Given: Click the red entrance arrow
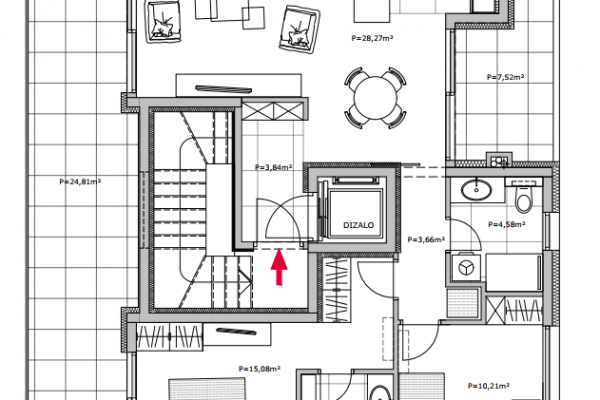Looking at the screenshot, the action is point(279,267).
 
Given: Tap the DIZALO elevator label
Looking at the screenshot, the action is point(358,225).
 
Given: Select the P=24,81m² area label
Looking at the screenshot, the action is point(80,181).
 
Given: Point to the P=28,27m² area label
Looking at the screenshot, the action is point(372,38).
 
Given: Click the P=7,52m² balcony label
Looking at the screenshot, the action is point(505,77).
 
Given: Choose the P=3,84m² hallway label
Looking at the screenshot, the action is point(274,167).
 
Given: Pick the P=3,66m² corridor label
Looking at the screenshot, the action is point(426,240).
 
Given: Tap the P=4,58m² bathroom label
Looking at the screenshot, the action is point(506,224).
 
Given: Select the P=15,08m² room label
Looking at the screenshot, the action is point(259,369).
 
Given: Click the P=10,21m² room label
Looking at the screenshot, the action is point(489,386).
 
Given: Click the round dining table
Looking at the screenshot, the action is point(375,98).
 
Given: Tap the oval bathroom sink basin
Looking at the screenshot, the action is point(476,190).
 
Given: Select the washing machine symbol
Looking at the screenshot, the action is point(466,267).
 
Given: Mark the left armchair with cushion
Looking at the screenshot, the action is point(163,21).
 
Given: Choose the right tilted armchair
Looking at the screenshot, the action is point(299,29).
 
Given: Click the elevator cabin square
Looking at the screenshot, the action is point(355,214).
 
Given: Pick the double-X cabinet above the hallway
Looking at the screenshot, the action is point(274,111).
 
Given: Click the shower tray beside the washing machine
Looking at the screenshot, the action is point(514,273).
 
